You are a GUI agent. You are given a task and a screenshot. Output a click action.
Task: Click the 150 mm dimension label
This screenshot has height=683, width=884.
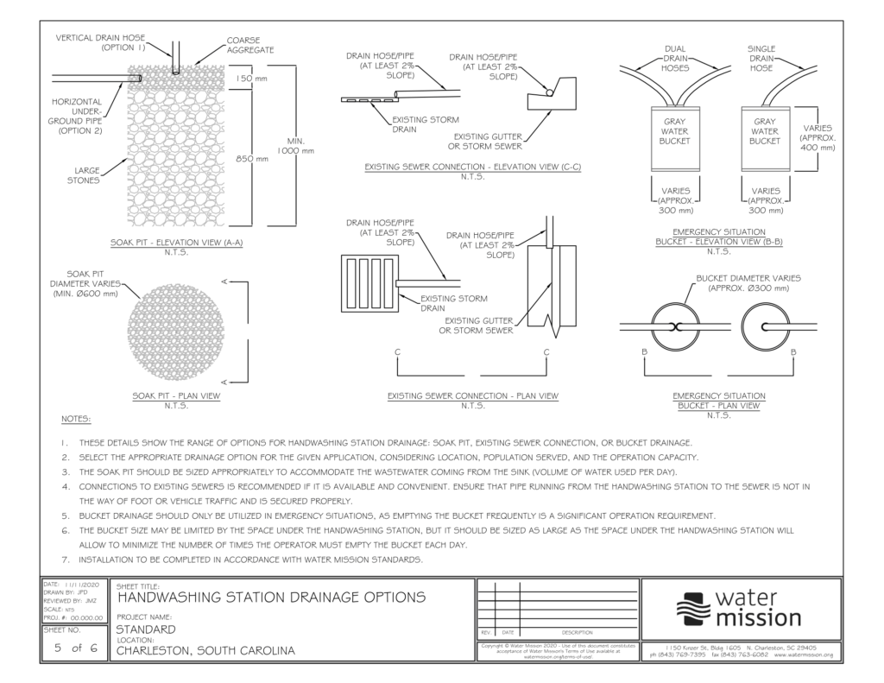[x=251, y=79]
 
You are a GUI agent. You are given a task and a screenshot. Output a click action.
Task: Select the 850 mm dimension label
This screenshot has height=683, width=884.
[x=251, y=158]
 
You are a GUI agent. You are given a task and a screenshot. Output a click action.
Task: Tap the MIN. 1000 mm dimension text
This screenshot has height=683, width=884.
[x=294, y=146]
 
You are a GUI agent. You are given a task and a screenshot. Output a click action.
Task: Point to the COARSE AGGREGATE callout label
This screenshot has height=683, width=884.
[x=250, y=45]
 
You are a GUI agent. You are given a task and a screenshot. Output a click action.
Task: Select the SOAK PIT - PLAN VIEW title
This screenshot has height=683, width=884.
[x=176, y=395]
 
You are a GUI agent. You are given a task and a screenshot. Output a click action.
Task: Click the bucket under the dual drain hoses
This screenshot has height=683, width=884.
[x=674, y=137]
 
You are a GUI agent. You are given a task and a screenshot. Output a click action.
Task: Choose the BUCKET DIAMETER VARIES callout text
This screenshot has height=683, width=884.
[x=748, y=282]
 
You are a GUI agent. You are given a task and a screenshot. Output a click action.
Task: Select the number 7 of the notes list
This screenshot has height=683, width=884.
[x=65, y=560]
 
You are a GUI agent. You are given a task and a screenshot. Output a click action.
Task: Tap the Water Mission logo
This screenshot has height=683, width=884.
[x=741, y=609]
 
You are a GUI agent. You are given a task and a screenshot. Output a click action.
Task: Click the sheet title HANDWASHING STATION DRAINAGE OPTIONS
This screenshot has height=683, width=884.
[x=270, y=597]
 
